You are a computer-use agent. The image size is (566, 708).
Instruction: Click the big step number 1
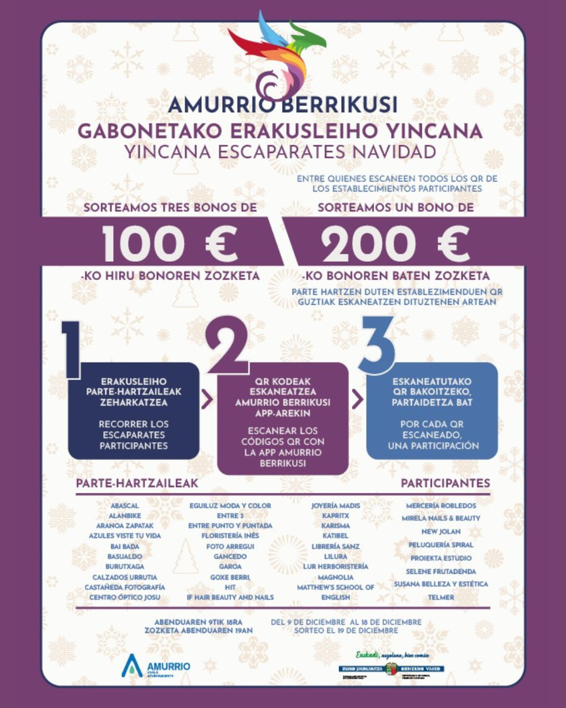71,349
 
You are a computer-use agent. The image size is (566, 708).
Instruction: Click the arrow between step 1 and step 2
208,400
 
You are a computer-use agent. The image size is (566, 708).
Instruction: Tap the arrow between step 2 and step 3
357,400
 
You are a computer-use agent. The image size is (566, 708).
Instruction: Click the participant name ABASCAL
125,506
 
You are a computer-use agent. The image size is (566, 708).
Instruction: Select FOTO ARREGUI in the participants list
230,546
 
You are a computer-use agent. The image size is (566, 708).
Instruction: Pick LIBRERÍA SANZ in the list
335,546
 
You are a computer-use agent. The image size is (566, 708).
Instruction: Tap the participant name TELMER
441,597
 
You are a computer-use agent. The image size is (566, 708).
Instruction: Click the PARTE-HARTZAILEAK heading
137,483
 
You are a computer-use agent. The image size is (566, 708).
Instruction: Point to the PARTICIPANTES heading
445,483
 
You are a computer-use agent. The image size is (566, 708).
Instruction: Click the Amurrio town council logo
156,666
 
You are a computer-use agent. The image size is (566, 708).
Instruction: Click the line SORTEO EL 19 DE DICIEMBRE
346,630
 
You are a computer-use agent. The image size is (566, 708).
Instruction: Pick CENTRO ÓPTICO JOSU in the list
125,597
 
